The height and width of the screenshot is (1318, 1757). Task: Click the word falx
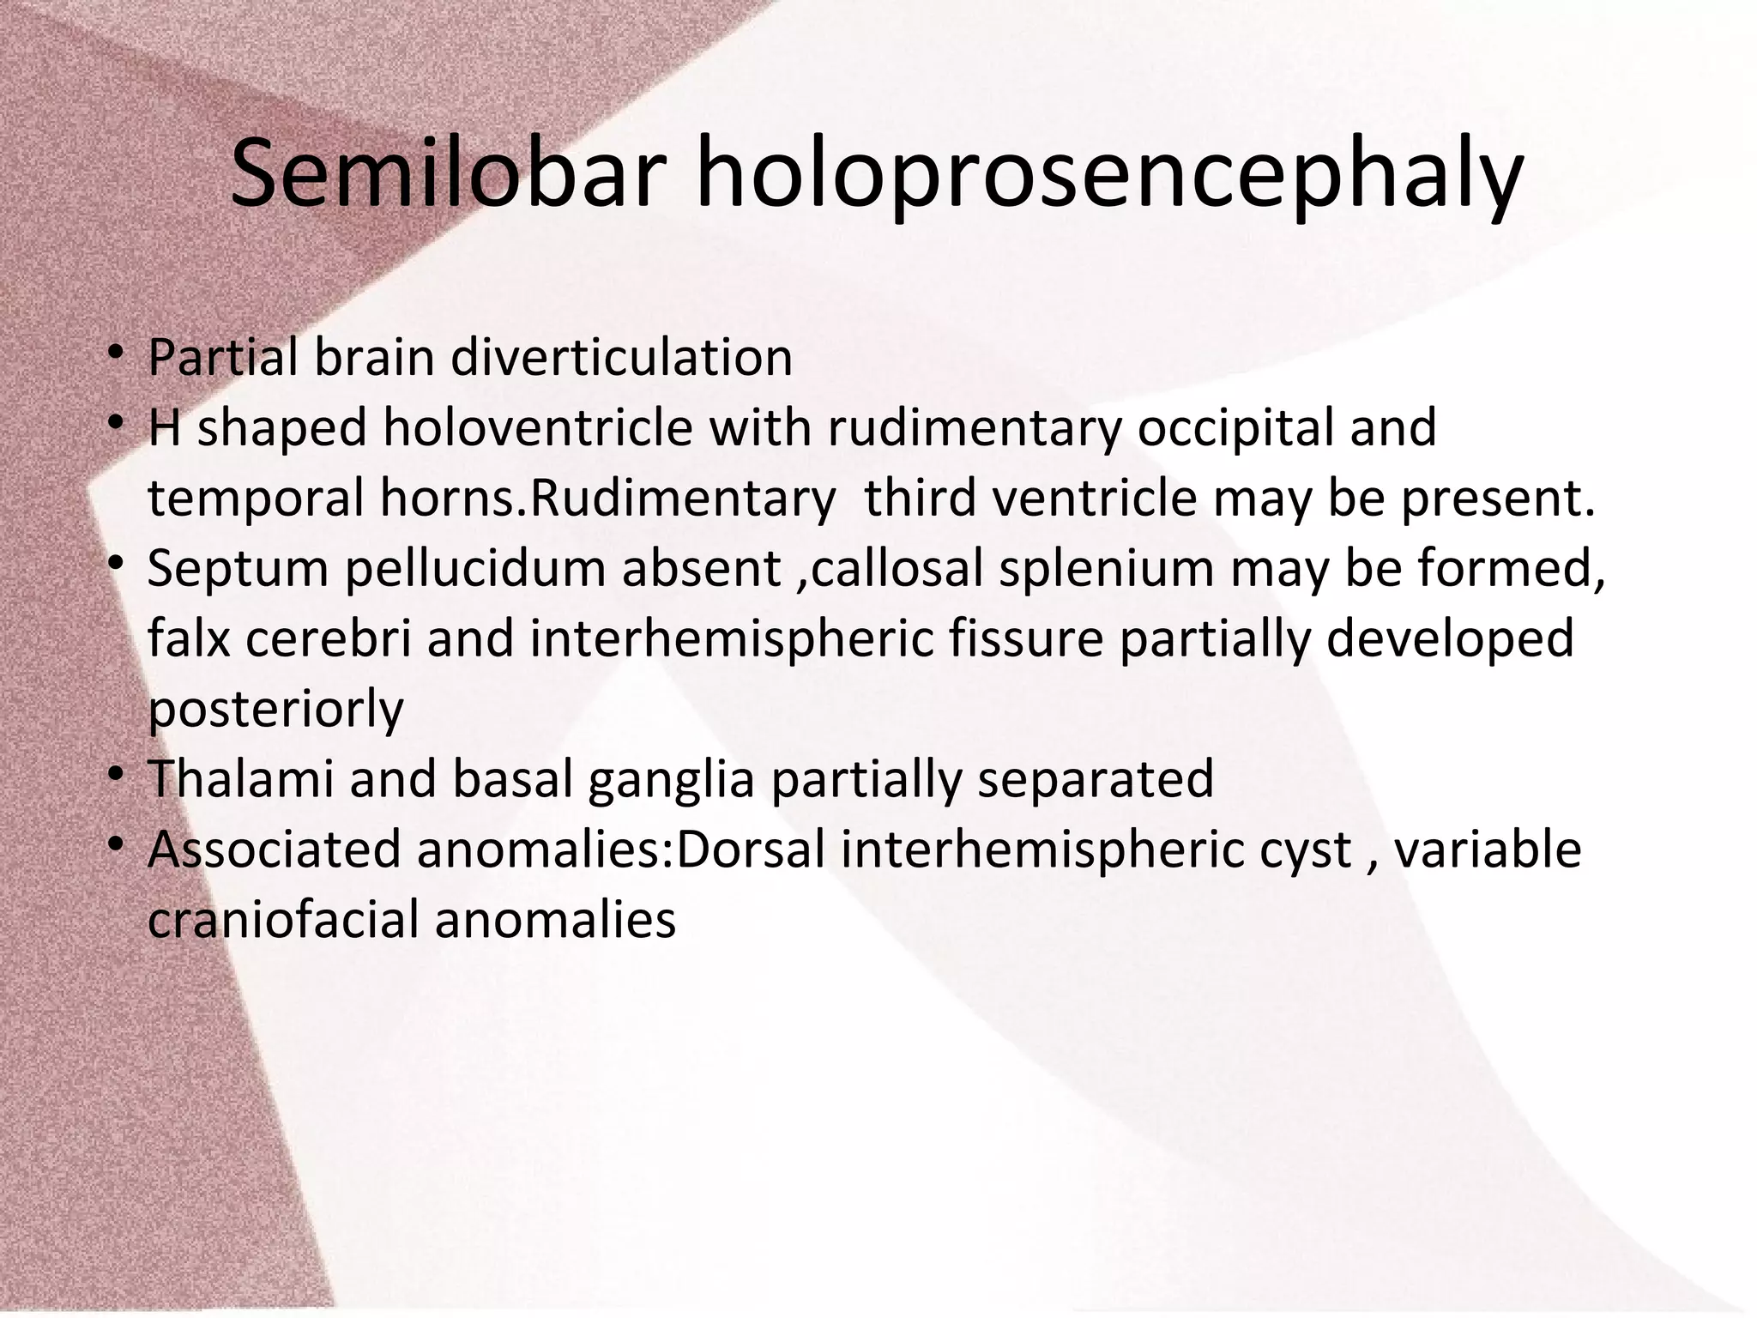pos(189,638)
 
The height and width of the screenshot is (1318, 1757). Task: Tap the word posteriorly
pos(275,710)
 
